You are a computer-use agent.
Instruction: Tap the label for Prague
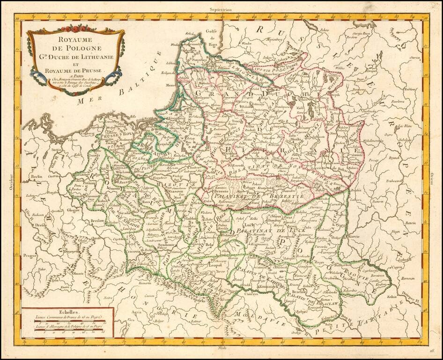[30, 255]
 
